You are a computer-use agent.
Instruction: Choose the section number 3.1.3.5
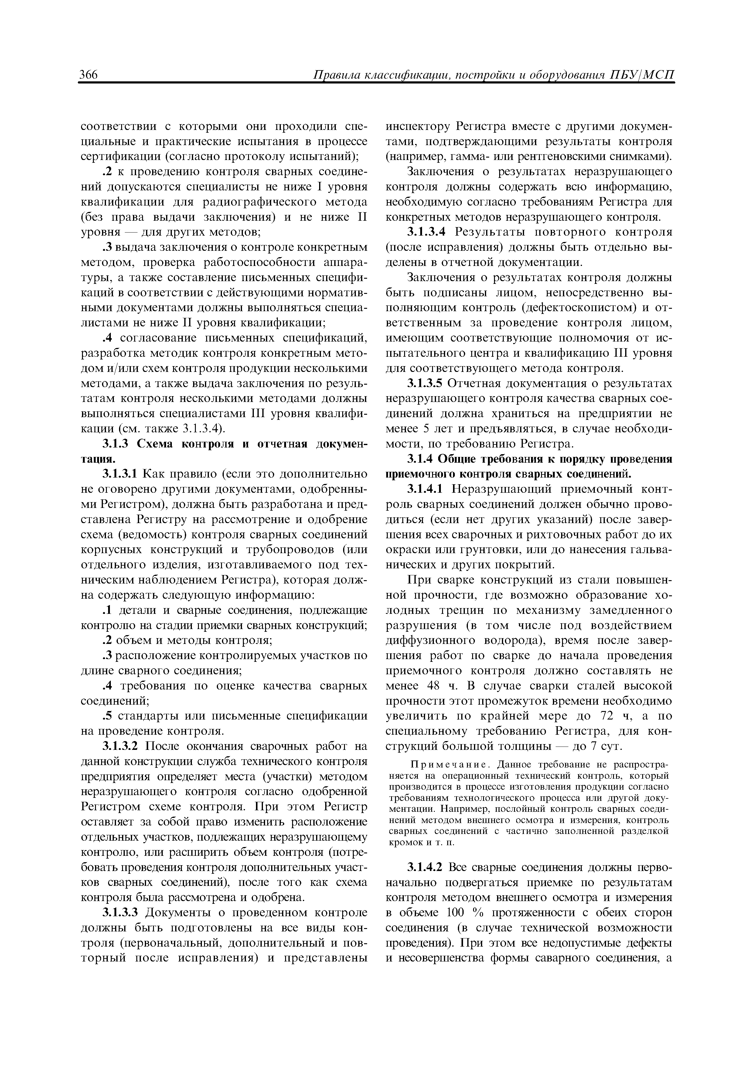coord(425,384)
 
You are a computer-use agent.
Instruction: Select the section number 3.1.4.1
coord(425,489)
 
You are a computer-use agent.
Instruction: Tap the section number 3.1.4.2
coord(425,867)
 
